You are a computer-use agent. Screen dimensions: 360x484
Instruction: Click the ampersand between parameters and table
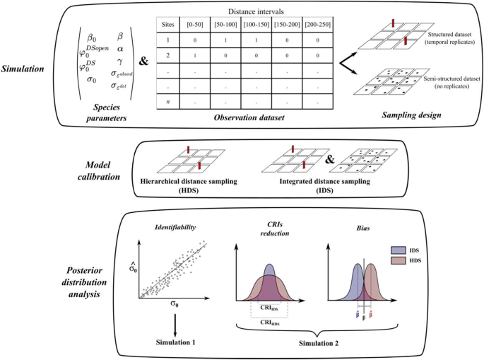pyautogui.click(x=143, y=62)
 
